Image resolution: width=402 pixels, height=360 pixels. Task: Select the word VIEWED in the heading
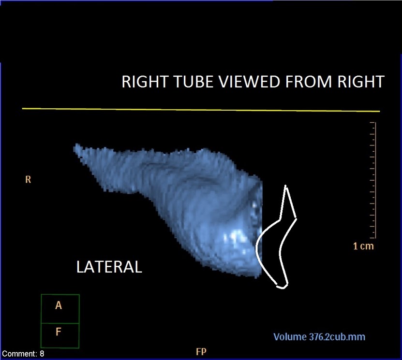(245, 82)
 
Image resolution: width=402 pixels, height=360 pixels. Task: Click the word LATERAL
(109, 267)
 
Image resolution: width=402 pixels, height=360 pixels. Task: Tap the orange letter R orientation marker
(28, 179)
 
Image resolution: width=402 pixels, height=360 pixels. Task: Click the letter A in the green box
(59, 305)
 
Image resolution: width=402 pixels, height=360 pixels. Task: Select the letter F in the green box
(58, 332)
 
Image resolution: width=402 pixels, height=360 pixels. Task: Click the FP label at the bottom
(201, 352)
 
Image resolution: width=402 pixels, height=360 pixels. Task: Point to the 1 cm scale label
(363, 246)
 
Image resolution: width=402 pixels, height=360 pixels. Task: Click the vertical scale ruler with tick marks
(373, 180)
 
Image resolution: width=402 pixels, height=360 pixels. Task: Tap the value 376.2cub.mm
(337, 337)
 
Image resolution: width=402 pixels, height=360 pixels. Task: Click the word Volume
(290, 337)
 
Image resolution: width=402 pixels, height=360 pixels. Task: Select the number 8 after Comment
(42, 354)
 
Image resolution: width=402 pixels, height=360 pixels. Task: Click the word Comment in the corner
(20, 354)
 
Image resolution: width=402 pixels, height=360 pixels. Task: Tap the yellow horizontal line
(201, 110)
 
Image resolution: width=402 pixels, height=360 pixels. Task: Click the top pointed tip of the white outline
(285, 186)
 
